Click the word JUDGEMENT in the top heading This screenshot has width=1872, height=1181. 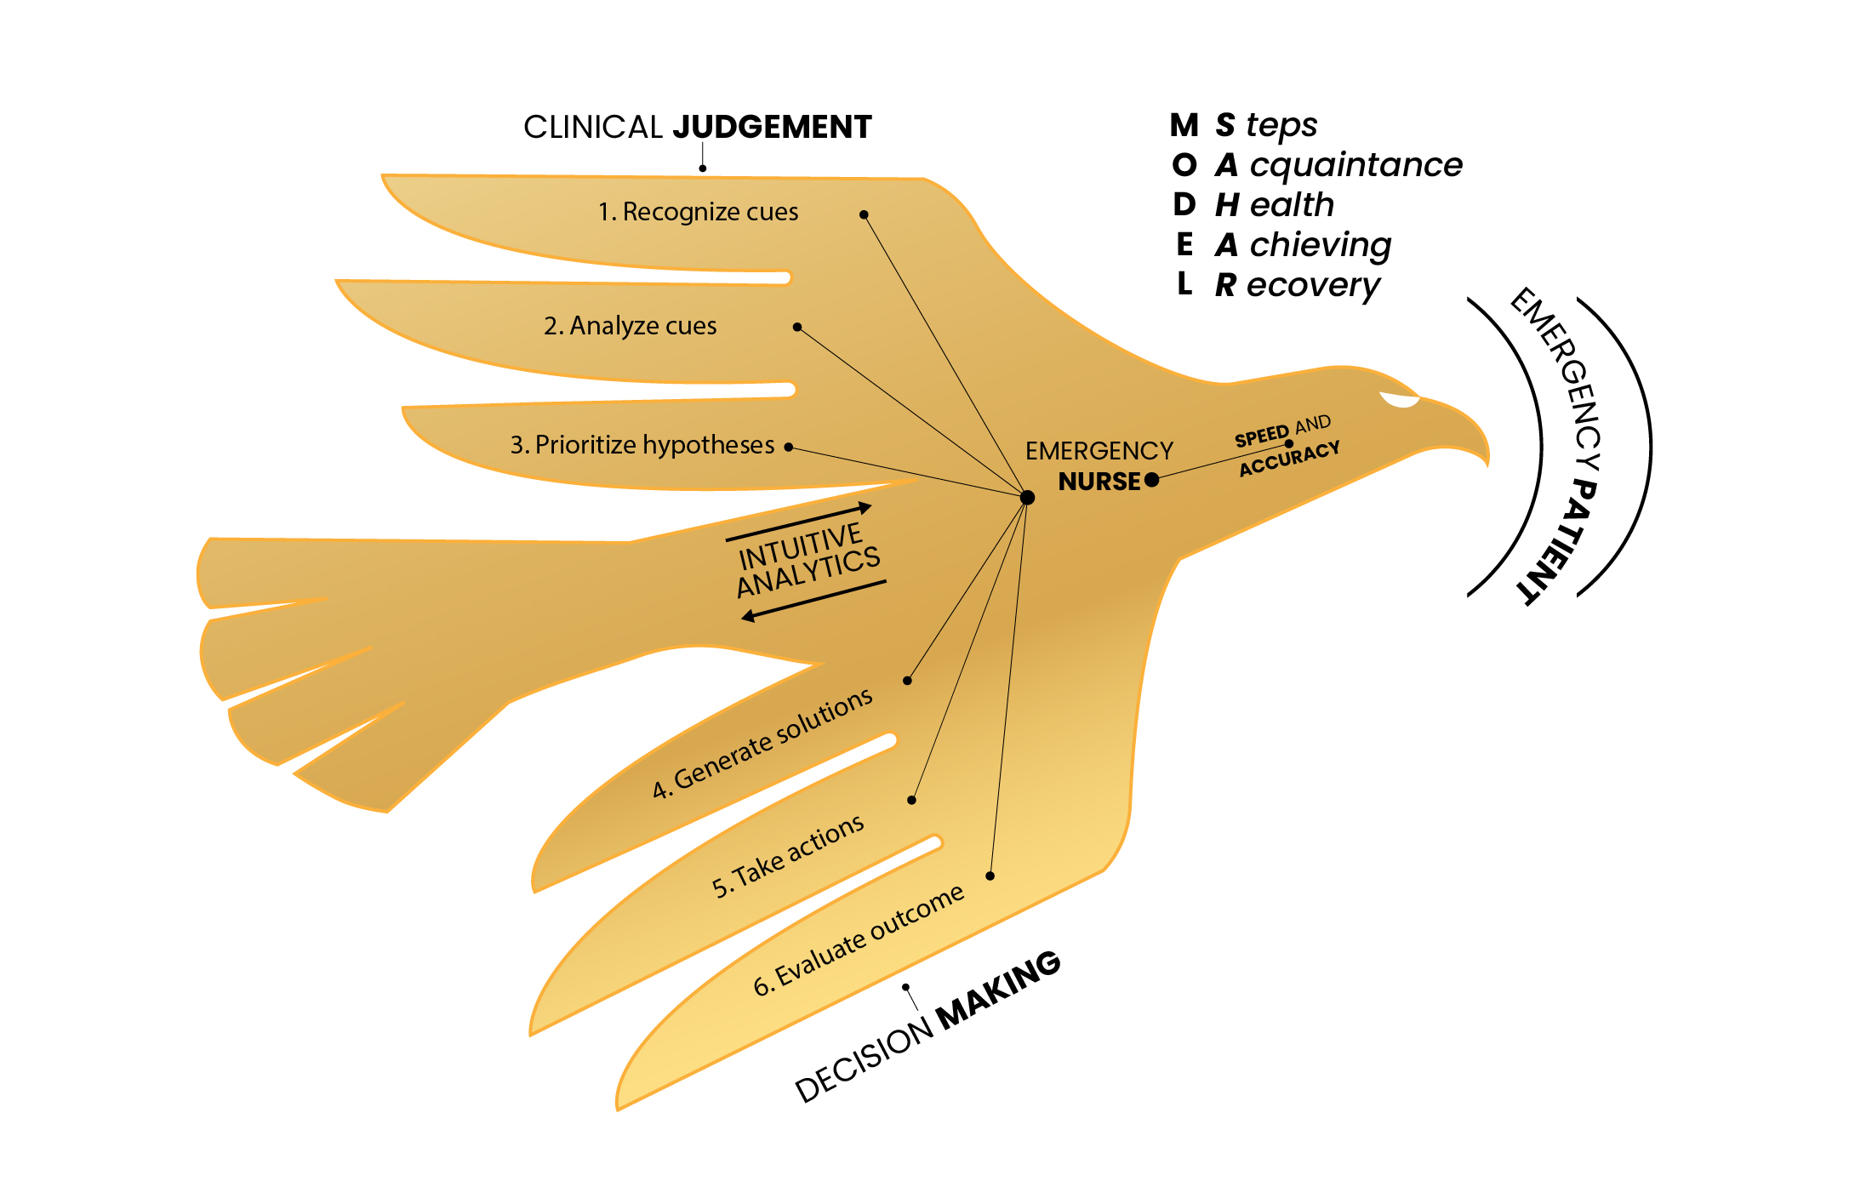tap(772, 128)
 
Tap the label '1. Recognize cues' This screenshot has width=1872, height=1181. tap(698, 212)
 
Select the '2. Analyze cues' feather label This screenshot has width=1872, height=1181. tap(630, 326)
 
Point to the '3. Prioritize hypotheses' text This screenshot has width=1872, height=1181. tap(642, 445)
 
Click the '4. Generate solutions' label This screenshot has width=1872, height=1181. tap(762, 744)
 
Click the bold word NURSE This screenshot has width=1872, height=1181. tap(1099, 482)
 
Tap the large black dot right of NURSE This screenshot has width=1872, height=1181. tap(1152, 480)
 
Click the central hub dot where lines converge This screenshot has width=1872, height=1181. tap(1027, 498)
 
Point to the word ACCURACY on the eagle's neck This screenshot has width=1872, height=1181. tap(1289, 459)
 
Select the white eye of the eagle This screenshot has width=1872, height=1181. tap(1400, 400)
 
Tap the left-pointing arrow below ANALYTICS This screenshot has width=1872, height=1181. tap(813, 600)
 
